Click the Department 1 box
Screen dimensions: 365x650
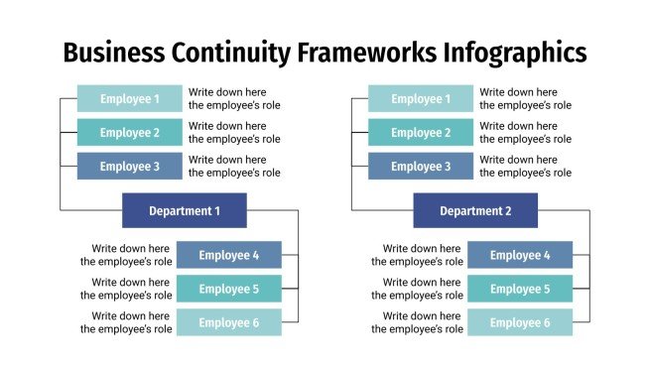click(x=184, y=210)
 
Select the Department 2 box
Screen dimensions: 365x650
click(x=474, y=210)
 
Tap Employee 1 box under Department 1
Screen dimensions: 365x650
click(x=130, y=98)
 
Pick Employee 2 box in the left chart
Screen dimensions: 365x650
click(x=130, y=133)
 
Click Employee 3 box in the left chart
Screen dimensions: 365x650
click(x=130, y=167)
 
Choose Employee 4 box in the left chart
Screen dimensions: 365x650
click(x=228, y=255)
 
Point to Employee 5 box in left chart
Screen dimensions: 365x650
click(x=228, y=289)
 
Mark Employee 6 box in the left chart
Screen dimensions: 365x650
click(x=228, y=322)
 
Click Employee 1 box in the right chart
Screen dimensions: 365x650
click(x=421, y=98)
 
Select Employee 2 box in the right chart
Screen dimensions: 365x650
click(x=421, y=133)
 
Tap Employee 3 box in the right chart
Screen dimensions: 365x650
click(x=421, y=167)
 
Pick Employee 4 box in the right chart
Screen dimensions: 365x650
click(x=519, y=255)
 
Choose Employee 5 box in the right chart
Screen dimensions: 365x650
click(x=519, y=289)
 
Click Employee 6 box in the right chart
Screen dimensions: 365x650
click(x=519, y=322)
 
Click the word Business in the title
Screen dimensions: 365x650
click(x=112, y=52)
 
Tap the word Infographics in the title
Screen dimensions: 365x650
click(x=514, y=52)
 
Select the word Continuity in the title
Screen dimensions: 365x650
click(x=223, y=52)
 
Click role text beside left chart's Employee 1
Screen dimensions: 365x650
click(x=234, y=98)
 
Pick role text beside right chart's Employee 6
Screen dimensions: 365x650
click(x=417, y=322)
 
